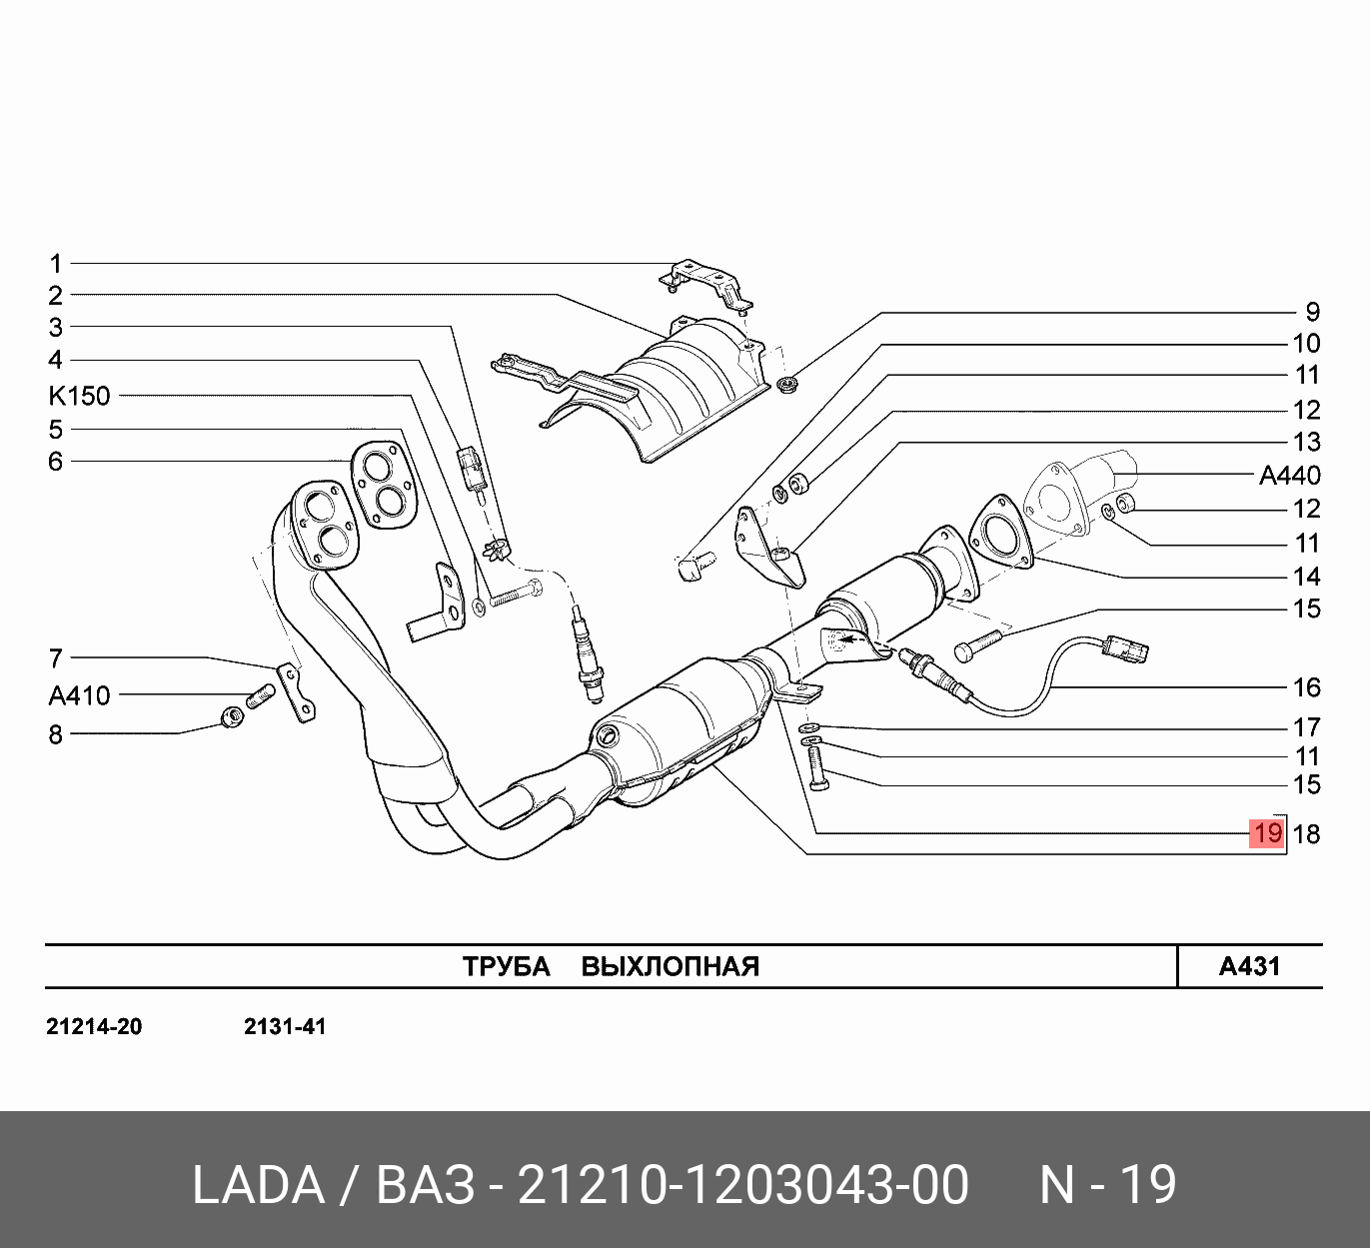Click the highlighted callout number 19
pos(1266,833)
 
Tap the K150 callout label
pos(79,396)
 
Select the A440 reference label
pos(1289,476)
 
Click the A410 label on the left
pos(79,694)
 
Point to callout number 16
pos(1306,687)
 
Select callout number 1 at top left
pos(56,264)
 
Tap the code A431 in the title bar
pos(1249,966)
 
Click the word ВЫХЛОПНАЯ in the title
pos(670,966)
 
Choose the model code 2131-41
pos(285,1027)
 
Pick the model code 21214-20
pos(94,1027)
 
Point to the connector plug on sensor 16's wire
pos(1128,650)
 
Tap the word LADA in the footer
pos(258,1185)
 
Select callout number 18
pos(1306,833)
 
